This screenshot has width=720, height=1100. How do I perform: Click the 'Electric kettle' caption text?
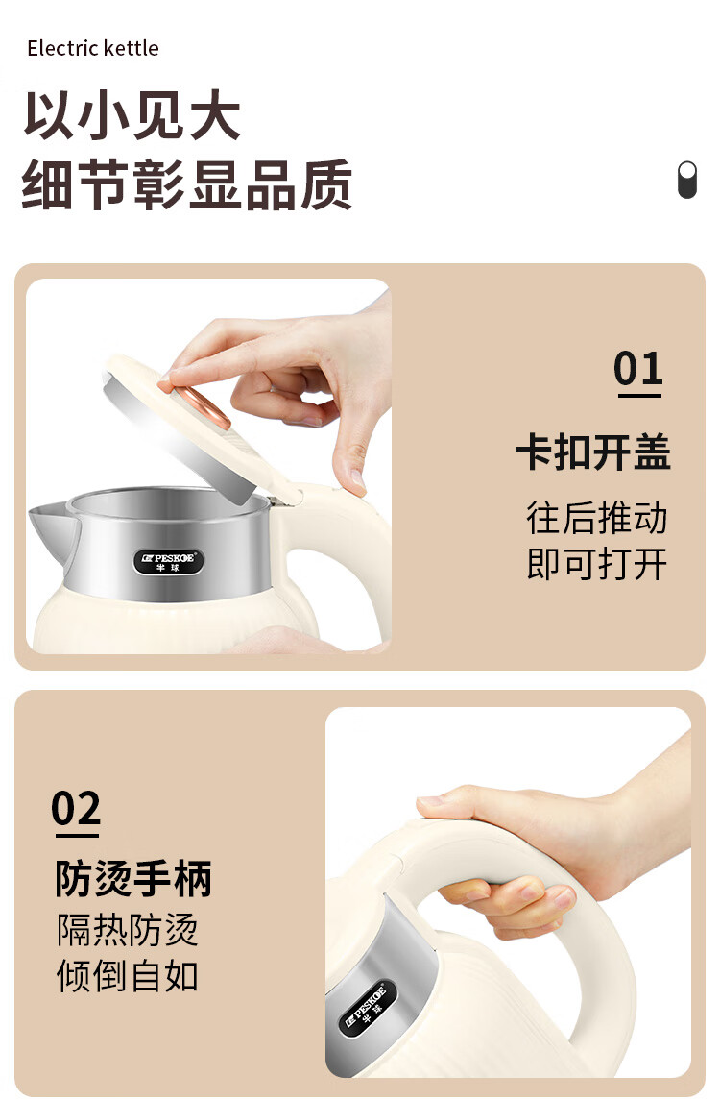click(93, 48)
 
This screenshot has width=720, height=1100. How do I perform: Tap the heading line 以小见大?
click(132, 115)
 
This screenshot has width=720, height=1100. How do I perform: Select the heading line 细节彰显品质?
click(186, 184)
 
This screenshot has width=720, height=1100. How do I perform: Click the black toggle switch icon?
click(687, 181)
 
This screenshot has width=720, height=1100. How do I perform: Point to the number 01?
click(638, 368)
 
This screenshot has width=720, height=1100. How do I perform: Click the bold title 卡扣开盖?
click(593, 452)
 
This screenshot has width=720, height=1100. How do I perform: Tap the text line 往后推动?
click(596, 518)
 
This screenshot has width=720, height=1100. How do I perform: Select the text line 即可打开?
click(596, 564)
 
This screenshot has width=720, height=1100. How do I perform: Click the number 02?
click(77, 809)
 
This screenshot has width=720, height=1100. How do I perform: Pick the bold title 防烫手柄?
click(133, 878)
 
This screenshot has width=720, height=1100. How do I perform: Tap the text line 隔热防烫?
click(128, 930)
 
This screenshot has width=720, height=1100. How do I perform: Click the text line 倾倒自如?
click(128, 976)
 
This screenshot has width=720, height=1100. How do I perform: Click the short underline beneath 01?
click(639, 396)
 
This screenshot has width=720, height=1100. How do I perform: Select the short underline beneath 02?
click(77, 836)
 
